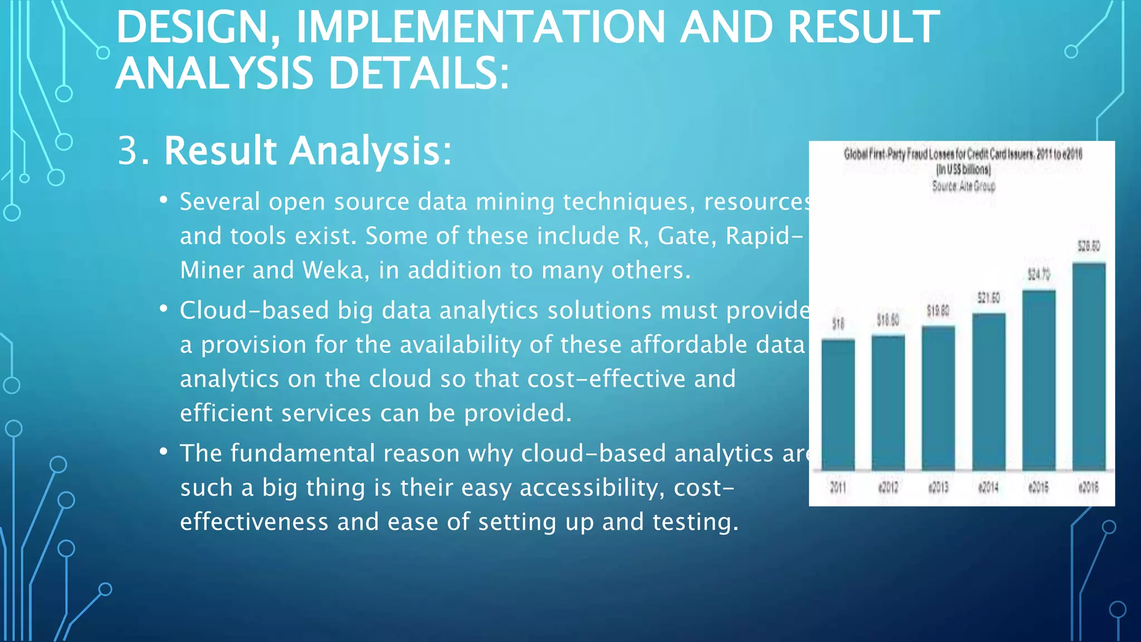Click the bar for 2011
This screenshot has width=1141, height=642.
(x=838, y=405)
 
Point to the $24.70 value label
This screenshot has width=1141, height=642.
(x=1038, y=274)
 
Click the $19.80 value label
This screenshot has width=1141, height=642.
(x=938, y=311)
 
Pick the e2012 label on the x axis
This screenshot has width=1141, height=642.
(x=888, y=488)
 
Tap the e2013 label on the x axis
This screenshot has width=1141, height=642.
(x=938, y=488)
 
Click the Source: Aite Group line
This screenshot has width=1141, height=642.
(x=963, y=186)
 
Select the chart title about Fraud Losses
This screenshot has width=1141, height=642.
(x=963, y=154)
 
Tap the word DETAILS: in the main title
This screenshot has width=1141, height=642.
(x=418, y=74)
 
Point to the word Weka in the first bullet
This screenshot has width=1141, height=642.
(x=333, y=270)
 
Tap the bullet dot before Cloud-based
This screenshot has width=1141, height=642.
(x=163, y=308)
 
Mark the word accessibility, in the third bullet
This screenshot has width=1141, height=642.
(x=592, y=488)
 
